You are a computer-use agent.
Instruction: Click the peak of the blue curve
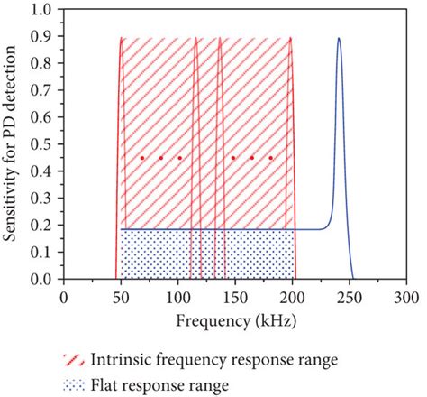click(339, 39)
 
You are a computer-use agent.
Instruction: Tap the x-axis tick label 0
click(63, 296)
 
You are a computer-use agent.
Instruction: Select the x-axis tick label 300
click(407, 296)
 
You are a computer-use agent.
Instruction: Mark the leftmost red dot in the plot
click(141, 158)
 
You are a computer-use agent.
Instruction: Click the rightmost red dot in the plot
click(271, 158)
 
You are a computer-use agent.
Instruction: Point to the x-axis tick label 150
click(235, 296)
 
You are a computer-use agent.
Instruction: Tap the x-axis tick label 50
click(120, 296)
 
